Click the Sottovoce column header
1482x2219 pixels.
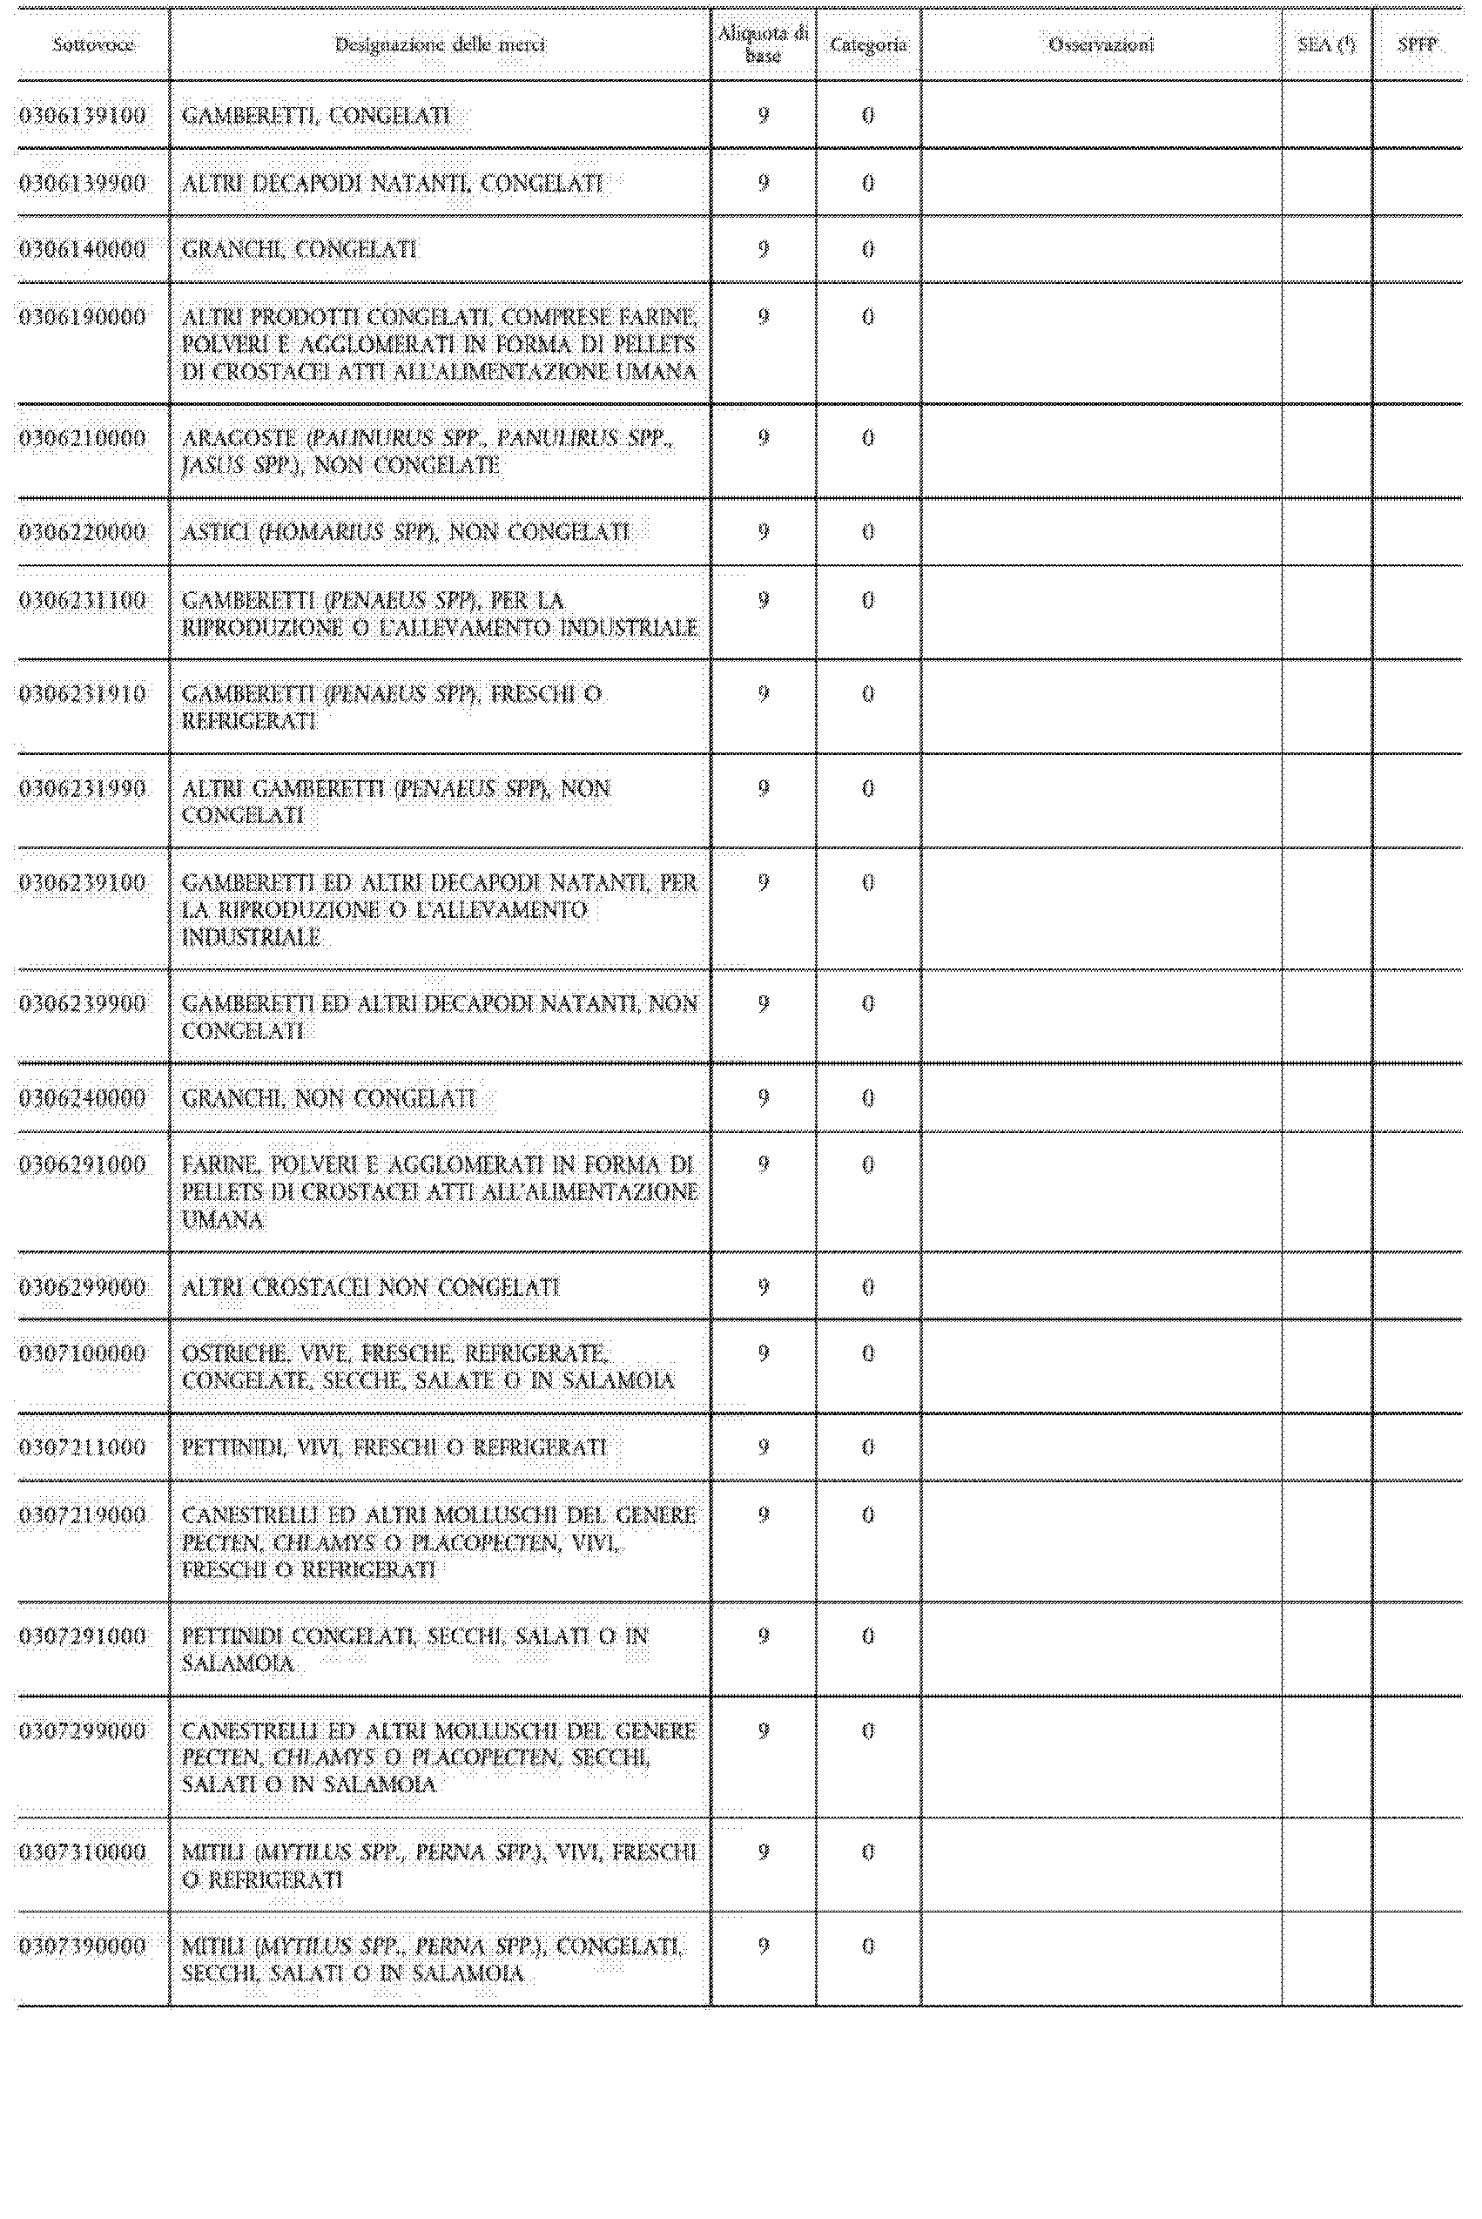tap(92, 44)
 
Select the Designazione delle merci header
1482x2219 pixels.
tap(441, 44)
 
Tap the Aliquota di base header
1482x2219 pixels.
tap(763, 44)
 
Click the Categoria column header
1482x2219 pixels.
tap(867, 44)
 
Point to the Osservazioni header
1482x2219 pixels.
tap(1101, 44)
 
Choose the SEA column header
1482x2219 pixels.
tap(1326, 44)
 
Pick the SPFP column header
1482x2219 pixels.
tap(1417, 44)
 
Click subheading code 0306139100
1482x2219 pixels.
tap(84, 116)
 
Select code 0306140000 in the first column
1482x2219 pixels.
tap(84, 249)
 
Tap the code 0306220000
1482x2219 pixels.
tap(84, 532)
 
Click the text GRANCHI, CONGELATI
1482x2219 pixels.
tap(299, 249)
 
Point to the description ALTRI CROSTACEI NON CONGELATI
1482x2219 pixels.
tap(371, 1287)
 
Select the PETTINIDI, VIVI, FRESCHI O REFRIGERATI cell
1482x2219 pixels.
tap(394, 1447)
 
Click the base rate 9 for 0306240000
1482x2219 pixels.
tap(764, 1098)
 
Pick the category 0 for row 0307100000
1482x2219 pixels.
tap(867, 1353)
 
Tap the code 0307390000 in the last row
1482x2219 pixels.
tap(84, 1946)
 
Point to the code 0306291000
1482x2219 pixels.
tap(84, 1165)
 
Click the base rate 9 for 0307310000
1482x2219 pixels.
tap(764, 1852)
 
